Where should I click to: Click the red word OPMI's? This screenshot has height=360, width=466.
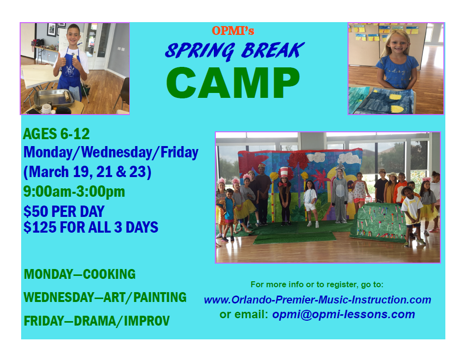point(233,30)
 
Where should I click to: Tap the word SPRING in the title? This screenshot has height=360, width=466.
point(200,51)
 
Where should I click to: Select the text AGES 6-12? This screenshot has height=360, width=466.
point(56,134)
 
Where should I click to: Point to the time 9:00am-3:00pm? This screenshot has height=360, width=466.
point(74,191)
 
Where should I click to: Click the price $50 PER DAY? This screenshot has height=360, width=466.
point(64,211)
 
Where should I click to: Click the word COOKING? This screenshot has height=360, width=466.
point(109,274)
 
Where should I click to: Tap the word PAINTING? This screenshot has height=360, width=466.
point(160,297)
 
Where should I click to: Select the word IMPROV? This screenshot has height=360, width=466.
point(146,321)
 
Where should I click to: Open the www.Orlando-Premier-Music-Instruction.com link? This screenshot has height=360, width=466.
point(318,300)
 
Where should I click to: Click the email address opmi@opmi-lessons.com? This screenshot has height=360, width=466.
point(344,314)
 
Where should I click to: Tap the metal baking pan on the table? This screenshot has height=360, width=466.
point(54,98)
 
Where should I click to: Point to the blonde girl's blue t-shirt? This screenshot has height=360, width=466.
point(397,71)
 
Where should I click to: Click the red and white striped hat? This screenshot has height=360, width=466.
point(285,173)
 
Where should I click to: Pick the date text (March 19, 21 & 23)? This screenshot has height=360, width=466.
point(87,172)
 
